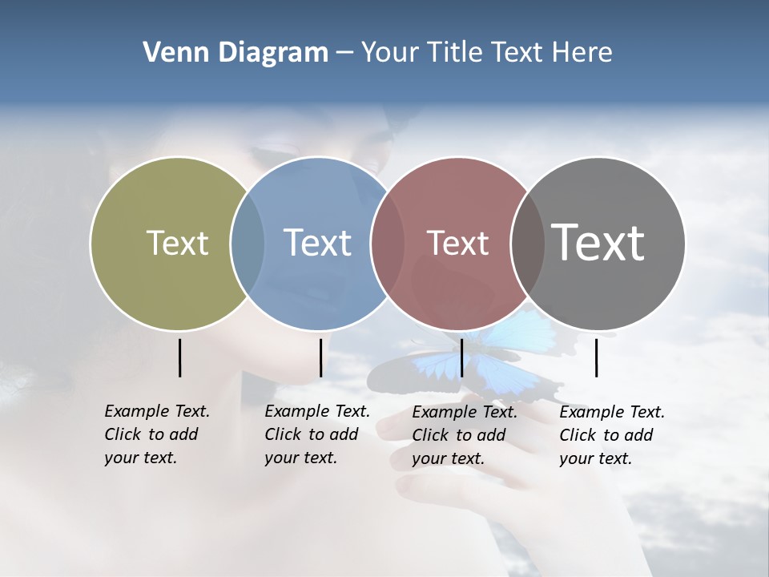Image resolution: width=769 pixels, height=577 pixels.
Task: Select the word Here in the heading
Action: (582, 53)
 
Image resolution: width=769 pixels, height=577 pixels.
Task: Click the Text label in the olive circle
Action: (177, 243)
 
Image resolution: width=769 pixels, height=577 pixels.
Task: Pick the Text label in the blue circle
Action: (317, 243)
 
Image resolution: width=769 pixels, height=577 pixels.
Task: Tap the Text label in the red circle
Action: (457, 243)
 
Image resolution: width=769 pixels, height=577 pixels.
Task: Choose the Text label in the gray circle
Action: (598, 243)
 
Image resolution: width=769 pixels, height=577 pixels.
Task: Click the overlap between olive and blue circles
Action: (248, 244)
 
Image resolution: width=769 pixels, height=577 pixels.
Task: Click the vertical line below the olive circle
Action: (180, 357)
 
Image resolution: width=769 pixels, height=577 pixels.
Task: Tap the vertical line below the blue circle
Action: (320, 357)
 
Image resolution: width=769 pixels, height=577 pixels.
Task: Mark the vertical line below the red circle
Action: (461, 357)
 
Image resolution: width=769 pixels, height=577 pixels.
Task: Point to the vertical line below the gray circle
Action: (597, 357)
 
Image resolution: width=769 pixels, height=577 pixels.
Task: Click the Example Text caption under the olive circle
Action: (156, 434)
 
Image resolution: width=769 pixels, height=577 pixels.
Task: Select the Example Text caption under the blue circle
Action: (316, 434)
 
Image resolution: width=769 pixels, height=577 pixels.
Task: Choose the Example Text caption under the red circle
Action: (464, 435)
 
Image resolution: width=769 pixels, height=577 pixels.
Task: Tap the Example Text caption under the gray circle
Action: (611, 435)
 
